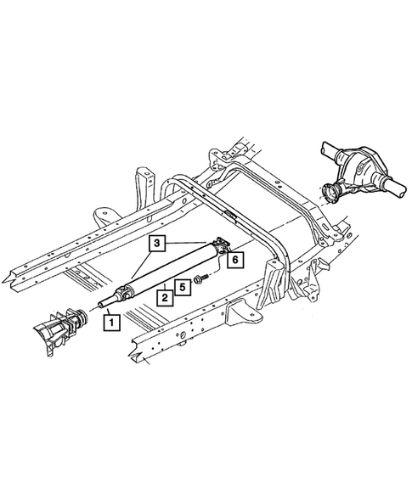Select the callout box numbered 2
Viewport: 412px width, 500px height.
pyautogui.click(x=162, y=297)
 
